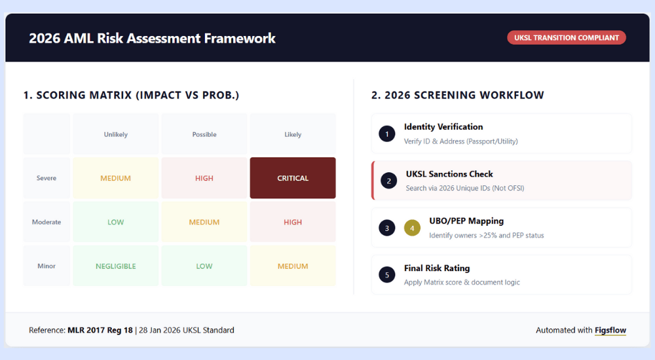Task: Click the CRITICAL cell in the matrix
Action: pos(293,178)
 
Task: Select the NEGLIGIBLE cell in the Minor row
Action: pos(116,266)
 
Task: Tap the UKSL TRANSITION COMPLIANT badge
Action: pos(567,38)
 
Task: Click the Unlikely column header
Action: pos(116,135)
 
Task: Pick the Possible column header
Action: pos(204,135)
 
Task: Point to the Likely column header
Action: pos(293,135)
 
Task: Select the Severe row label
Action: pos(47,178)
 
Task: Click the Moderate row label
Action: pos(47,222)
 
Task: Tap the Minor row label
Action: pos(47,266)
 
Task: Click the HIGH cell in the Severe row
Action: pos(204,178)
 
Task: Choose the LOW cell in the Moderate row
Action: pos(116,222)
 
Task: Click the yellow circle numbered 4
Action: pos(412,228)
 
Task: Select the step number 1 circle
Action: pos(387,134)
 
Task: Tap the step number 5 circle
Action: pos(387,275)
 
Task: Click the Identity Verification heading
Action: pos(443,127)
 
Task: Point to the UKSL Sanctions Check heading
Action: pos(449,174)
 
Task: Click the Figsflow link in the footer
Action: pos(610,331)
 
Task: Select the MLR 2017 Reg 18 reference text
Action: pos(100,331)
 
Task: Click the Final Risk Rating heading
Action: pos(437,268)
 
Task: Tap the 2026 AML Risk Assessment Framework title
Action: pos(152,38)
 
